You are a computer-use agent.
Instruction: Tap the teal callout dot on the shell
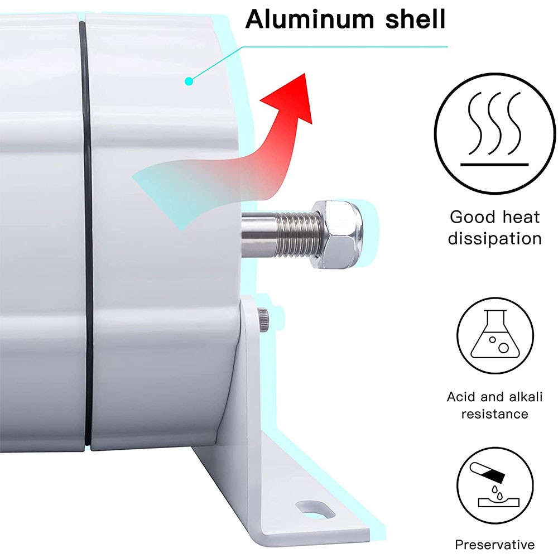189,81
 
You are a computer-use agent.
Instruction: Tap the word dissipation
494,239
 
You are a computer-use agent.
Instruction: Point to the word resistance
494,414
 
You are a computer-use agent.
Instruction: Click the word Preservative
494,545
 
